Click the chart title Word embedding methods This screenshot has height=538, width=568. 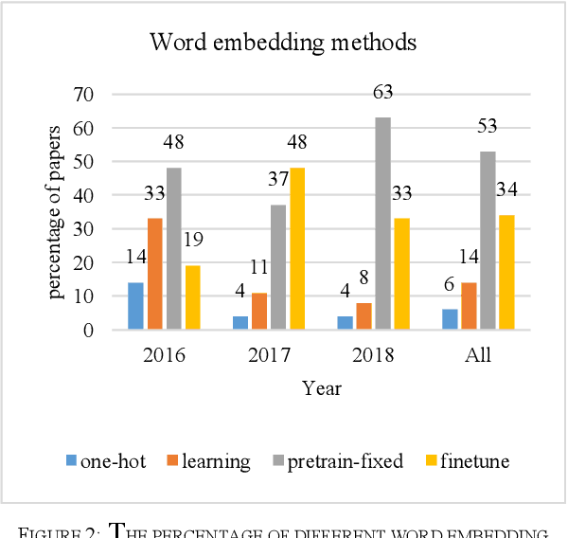tap(284, 43)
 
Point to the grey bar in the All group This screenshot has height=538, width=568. tap(488, 241)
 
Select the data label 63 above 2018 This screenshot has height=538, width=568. tap(382, 93)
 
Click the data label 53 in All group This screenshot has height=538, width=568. tap(488, 128)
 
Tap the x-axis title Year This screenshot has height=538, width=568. tap(321, 388)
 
